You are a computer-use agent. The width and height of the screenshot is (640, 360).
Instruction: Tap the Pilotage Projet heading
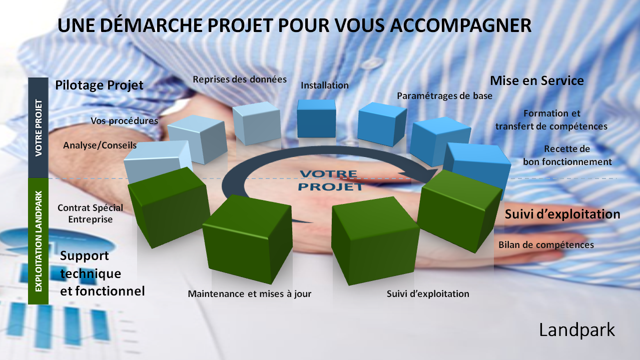click(x=99, y=85)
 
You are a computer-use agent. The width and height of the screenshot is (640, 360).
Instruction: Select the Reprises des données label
click(x=240, y=79)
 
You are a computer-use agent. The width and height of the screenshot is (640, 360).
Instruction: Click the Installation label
click(x=325, y=85)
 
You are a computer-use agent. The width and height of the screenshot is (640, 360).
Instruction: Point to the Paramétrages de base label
click(x=444, y=96)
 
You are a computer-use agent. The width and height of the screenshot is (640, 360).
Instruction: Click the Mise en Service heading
click(x=537, y=81)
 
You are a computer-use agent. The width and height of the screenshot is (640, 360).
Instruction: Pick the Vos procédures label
click(x=124, y=121)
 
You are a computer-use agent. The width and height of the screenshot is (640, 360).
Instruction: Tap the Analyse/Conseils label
click(x=100, y=145)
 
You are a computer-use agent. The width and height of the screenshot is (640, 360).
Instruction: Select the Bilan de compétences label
click(x=546, y=245)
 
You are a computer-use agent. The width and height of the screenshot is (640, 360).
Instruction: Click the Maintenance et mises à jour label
click(x=249, y=294)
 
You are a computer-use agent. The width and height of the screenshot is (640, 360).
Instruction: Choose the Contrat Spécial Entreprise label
click(x=90, y=213)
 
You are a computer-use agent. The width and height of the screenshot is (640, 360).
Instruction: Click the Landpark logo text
click(x=577, y=330)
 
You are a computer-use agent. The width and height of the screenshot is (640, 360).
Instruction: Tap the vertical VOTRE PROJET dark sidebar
click(x=39, y=127)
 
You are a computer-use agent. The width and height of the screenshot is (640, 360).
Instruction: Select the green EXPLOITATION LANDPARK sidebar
click(x=39, y=241)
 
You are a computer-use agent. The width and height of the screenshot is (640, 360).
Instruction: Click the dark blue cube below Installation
click(x=317, y=118)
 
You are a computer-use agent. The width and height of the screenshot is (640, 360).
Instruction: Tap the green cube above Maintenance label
click(x=247, y=239)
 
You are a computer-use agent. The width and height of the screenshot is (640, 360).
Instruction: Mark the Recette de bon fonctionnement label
click(x=567, y=155)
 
